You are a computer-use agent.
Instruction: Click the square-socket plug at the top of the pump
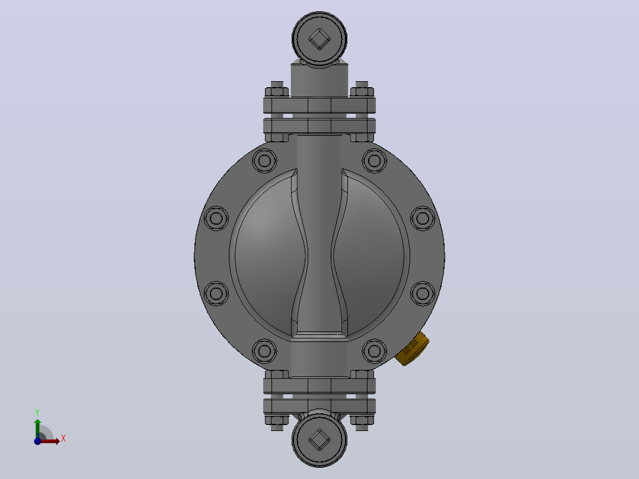pos(319,39)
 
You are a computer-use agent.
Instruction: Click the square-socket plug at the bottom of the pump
pos(319,439)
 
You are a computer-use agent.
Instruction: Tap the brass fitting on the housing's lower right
pos(412,349)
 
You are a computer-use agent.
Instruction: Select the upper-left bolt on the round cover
pos(264,160)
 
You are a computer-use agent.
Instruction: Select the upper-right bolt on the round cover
pos(374,160)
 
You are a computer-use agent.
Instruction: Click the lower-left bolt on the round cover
pos(264,351)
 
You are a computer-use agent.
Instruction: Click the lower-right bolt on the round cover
pos(374,351)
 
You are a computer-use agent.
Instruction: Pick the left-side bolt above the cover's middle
pos(216,218)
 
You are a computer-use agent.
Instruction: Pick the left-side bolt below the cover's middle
pos(216,293)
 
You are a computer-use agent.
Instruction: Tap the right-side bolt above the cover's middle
pos(423,218)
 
